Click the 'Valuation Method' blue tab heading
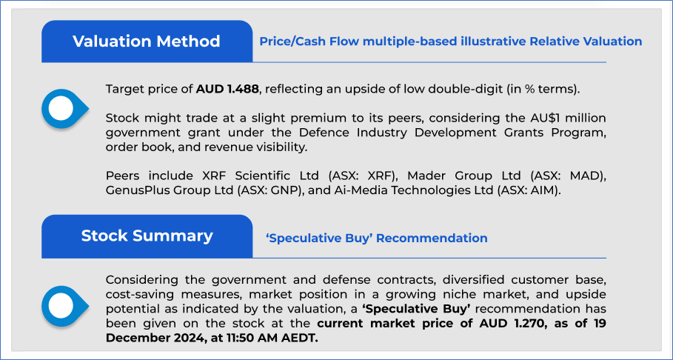click(147, 41)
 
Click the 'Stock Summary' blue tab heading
click(147, 236)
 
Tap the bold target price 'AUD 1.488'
click(227, 90)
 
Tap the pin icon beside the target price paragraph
click(64, 108)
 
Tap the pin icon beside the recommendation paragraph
click(64, 306)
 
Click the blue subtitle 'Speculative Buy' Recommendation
click(376, 238)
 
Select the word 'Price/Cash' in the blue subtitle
click(292, 41)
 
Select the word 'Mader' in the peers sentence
click(423, 176)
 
